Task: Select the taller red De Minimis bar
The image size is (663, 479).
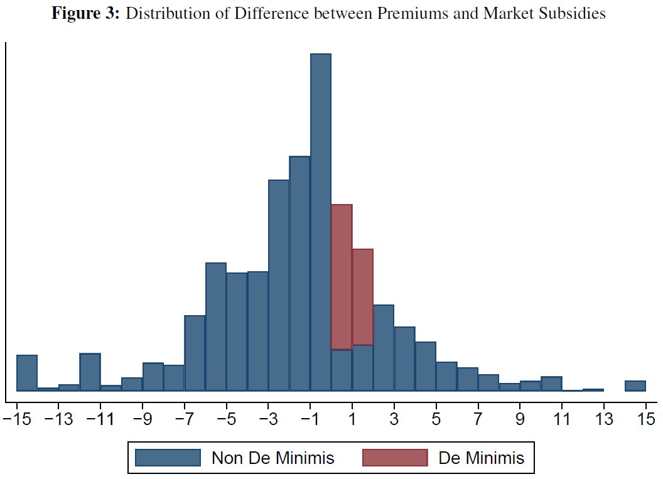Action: pos(342,276)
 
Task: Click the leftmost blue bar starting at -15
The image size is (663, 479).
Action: pos(27,373)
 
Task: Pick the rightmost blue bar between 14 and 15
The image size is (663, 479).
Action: pos(635,385)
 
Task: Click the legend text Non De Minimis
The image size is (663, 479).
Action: pos(272,458)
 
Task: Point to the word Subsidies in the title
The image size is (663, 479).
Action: pos(572,14)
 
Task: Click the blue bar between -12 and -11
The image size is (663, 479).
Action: pos(90,372)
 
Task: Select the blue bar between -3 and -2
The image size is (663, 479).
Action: pos(279,285)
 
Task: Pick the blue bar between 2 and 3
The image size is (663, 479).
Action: pos(384,348)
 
